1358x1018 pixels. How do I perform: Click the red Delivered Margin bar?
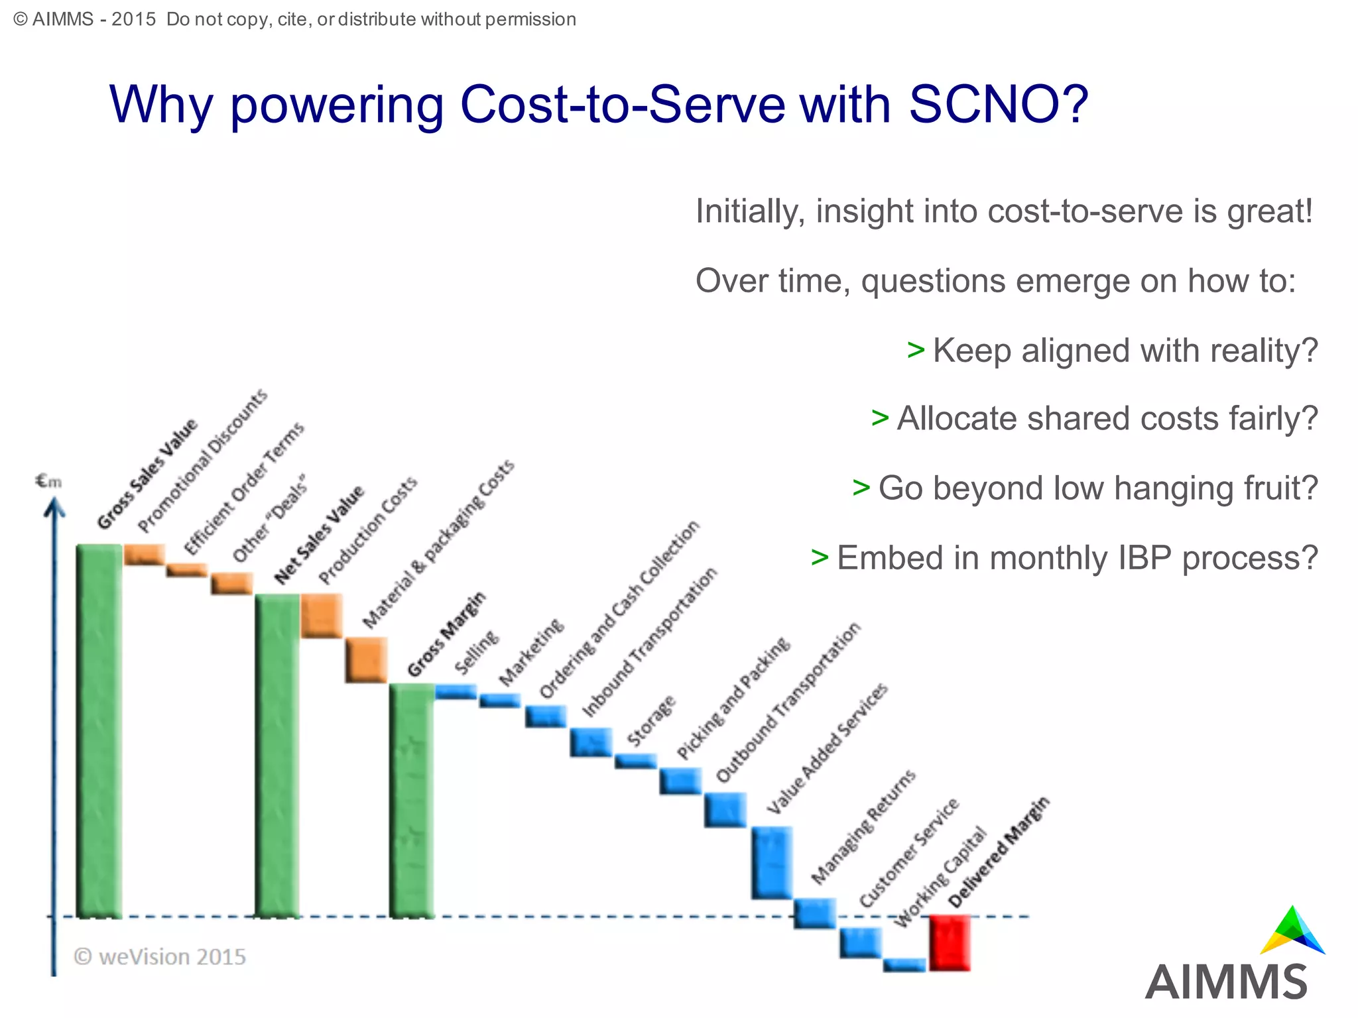pos(950,942)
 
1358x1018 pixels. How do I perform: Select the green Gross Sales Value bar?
pos(99,729)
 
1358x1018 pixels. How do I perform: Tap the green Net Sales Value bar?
pos(277,756)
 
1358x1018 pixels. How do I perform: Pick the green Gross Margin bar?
pos(412,801)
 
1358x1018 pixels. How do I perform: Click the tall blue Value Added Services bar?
pos(772,862)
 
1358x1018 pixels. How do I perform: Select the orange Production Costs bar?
pos(322,616)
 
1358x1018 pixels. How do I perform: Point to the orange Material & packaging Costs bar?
pos(366,660)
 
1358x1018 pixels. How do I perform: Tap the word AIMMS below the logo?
pos(1226,983)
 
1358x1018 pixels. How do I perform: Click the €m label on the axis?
pos(48,481)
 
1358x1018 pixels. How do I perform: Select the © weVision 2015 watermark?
pos(160,957)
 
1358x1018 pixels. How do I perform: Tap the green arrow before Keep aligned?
pos(916,349)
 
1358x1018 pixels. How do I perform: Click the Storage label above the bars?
pos(651,720)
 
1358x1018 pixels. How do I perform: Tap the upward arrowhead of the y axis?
pos(54,507)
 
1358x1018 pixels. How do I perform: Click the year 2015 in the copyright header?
pos(133,19)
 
